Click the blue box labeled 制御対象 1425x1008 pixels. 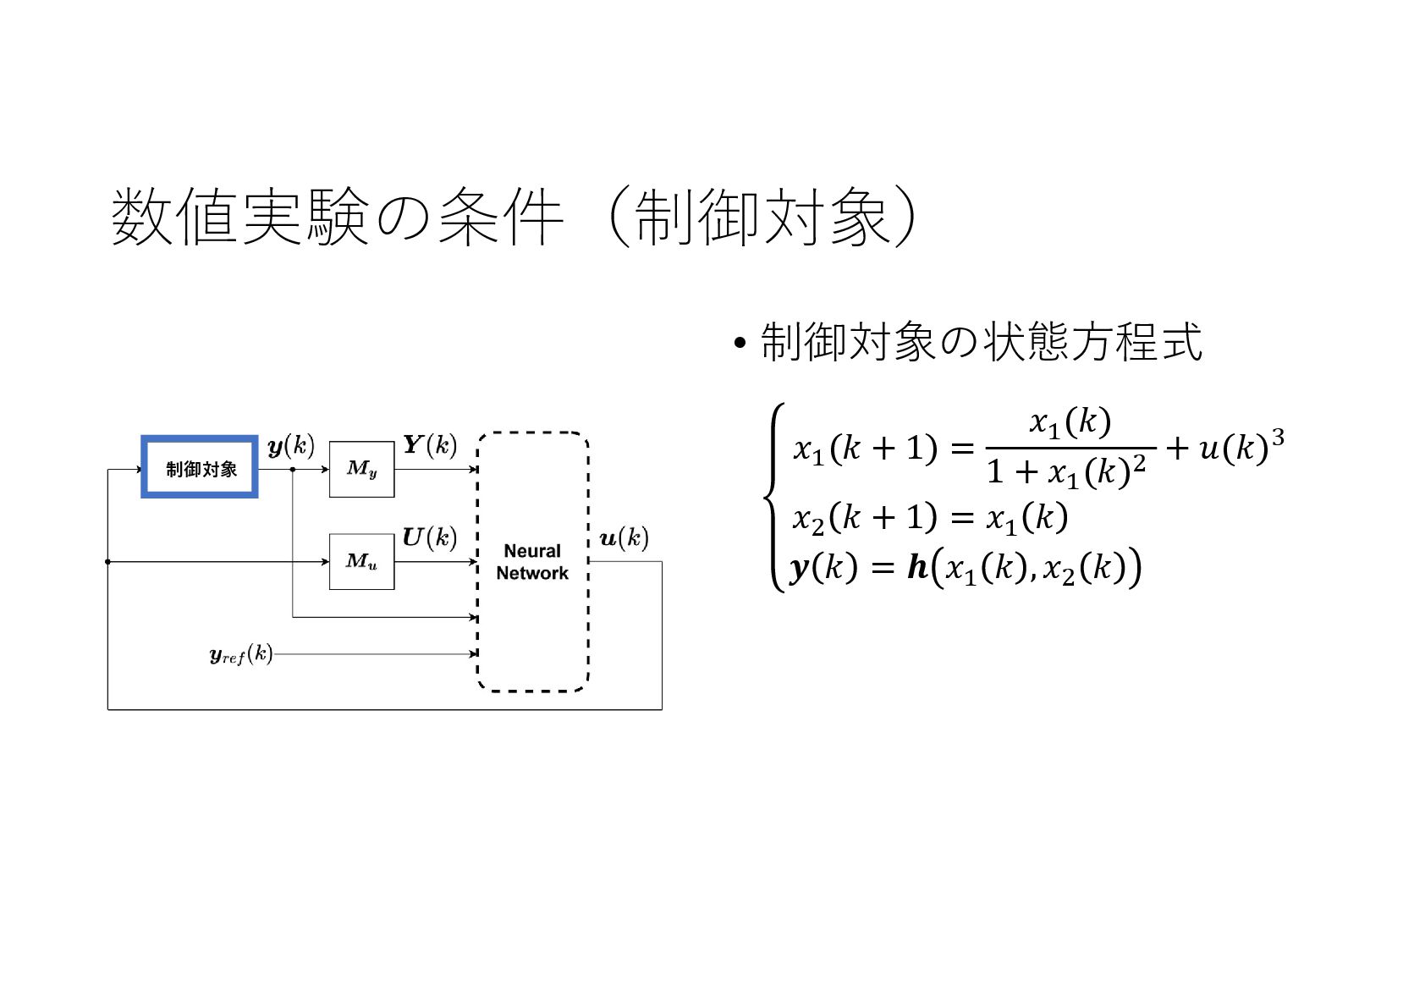[x=200, y=467]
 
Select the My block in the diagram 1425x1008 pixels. [x=361, y=469]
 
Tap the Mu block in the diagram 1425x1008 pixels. [x=361, y=561]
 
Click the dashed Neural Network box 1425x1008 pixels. [x=532, y=562]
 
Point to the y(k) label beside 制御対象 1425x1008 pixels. [x=290, y=446]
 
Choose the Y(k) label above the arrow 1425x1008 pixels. [x=429, y=444]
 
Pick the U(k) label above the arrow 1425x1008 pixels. [x=429, y=537]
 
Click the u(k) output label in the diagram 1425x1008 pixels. [x=624, y=538]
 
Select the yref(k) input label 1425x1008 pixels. [x=241, y=654]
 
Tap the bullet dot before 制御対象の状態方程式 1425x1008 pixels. [x=740, y=344]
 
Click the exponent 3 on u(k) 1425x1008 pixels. [x=1277, y=438]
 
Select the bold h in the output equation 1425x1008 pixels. [x=917, y=567]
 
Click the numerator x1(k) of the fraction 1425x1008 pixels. [x=1070, y=421]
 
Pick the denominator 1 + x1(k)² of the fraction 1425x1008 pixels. [x=1066, y=471]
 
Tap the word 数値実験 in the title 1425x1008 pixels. [x=240, y=218]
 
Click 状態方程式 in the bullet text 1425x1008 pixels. [x=1092, y=343]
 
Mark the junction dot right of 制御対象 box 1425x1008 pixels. [x=293, y=469]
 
